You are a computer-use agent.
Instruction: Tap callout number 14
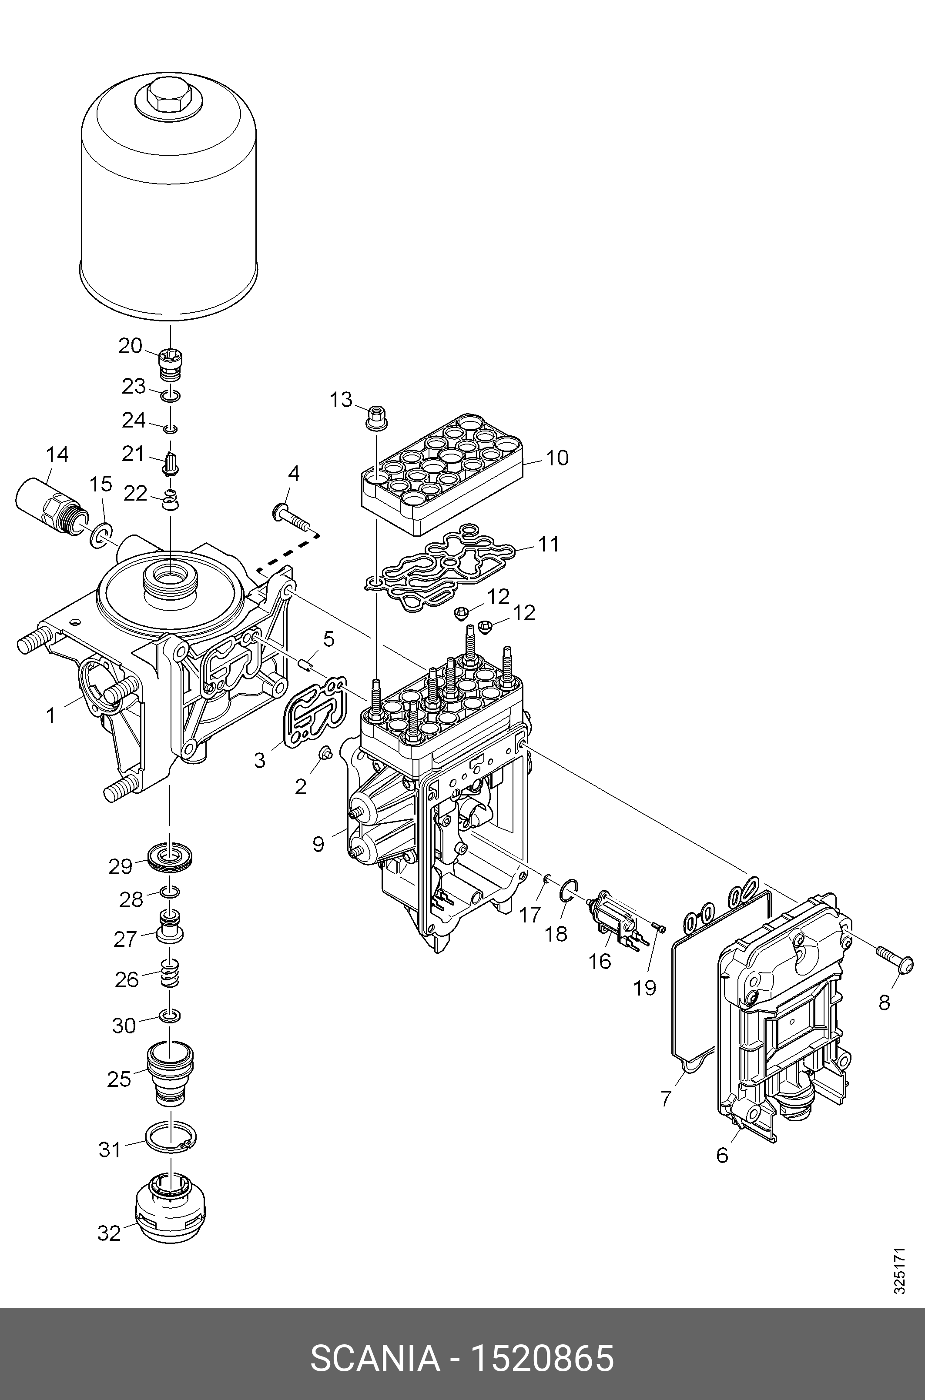click(57, 454)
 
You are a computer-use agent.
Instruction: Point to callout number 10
click(557, 457)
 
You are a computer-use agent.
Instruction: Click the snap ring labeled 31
click(172, 1139)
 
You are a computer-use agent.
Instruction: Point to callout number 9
click(318, 844)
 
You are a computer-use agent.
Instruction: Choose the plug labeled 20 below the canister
click(172, 366)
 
